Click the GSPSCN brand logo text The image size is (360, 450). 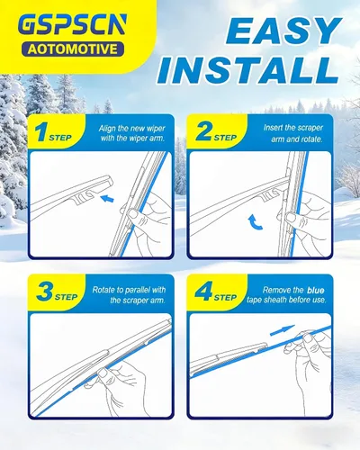pyautogui.click(x=72, y=25)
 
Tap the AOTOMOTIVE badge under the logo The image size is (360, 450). pyautogui.click(x=73, y=49)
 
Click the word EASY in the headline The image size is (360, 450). pyautogui.click(x=283, y=31)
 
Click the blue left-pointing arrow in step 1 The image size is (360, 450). pyautogui.click(x=107, y=199)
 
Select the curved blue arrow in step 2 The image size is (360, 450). pyautogui.click(x=254, y=222)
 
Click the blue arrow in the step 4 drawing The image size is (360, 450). pyautogui.click(x=283, y=330)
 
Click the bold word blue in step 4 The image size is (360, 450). pyautogui.click(x=316, y=290)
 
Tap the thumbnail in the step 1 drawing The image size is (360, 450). pyautogui.click(x=131, y=213)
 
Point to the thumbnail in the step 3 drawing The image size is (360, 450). pyautogui.click(x=103, y=374)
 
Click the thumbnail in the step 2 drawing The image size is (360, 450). pyautogui.click(x=291, y=217)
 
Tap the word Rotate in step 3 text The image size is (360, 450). pyautogui.click(x=103, y=290)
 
